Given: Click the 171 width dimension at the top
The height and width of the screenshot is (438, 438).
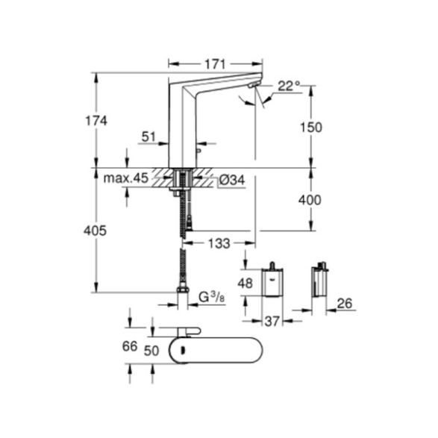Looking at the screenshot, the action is point(215,64).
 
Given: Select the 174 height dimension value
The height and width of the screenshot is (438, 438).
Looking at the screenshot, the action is point(96,121).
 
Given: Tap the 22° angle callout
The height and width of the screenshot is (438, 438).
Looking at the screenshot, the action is point(289,86).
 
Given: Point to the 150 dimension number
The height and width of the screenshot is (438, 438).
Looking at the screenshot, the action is point(311,128).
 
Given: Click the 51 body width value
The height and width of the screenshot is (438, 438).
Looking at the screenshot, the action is point(148,137).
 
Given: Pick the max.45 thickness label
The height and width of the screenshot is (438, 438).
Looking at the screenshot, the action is point(125,178).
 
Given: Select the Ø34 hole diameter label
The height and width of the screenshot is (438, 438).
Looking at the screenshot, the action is point(231,180).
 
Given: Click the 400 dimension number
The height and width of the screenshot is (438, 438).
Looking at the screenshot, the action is point(310,200).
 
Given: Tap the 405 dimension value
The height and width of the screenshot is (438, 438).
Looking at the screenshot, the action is point(95,231).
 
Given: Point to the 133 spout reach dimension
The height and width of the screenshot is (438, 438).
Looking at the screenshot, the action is point(219,243).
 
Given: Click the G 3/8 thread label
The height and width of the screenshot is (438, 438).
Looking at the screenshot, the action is point(211,297).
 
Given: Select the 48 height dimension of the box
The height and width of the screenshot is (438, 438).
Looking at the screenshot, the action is point(245,284).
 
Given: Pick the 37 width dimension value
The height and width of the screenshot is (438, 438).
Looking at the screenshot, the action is point(272,322).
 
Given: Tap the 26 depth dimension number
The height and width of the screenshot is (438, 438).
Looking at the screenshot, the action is point(345,304).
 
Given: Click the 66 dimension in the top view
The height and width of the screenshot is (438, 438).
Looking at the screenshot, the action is point(130,347).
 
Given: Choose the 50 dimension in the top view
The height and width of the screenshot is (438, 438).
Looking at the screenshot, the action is point(151,351).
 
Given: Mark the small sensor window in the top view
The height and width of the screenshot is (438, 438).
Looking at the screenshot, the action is point(183,350).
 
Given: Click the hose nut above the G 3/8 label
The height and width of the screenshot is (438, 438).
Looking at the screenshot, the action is point(183,289).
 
